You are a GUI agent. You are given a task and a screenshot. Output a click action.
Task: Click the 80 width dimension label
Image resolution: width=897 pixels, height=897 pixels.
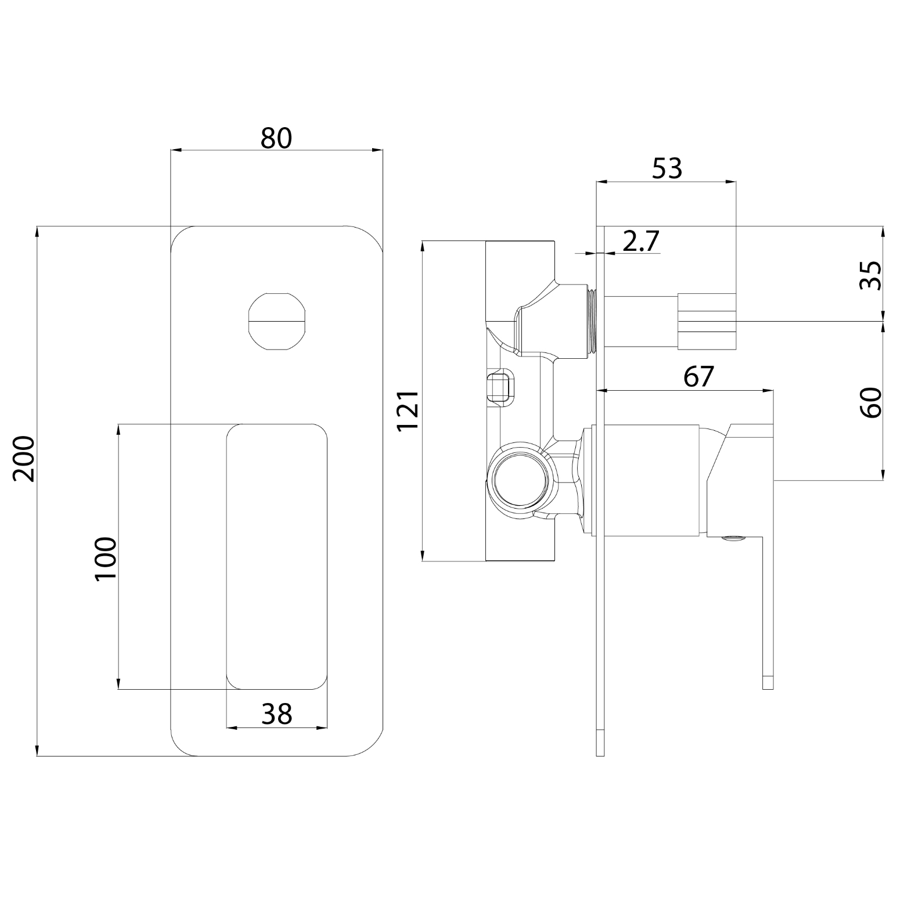(276, 138)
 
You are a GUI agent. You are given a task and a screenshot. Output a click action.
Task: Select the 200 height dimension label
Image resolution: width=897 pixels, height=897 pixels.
(25, 459)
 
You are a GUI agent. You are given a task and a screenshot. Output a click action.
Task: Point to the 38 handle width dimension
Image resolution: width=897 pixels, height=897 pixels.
(276, 714)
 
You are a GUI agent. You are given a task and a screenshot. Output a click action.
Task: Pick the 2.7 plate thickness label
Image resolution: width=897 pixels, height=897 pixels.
(641, 241)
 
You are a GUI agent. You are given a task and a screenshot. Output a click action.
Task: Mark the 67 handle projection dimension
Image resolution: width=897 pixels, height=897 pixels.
(698, 377)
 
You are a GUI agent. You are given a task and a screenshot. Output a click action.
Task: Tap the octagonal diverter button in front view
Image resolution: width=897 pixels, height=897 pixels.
(276, 320)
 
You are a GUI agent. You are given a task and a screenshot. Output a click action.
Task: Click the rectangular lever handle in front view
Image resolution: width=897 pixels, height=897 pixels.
(276, 556)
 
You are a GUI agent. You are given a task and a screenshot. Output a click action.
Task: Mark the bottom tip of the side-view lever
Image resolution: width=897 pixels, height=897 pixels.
(768, 683)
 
